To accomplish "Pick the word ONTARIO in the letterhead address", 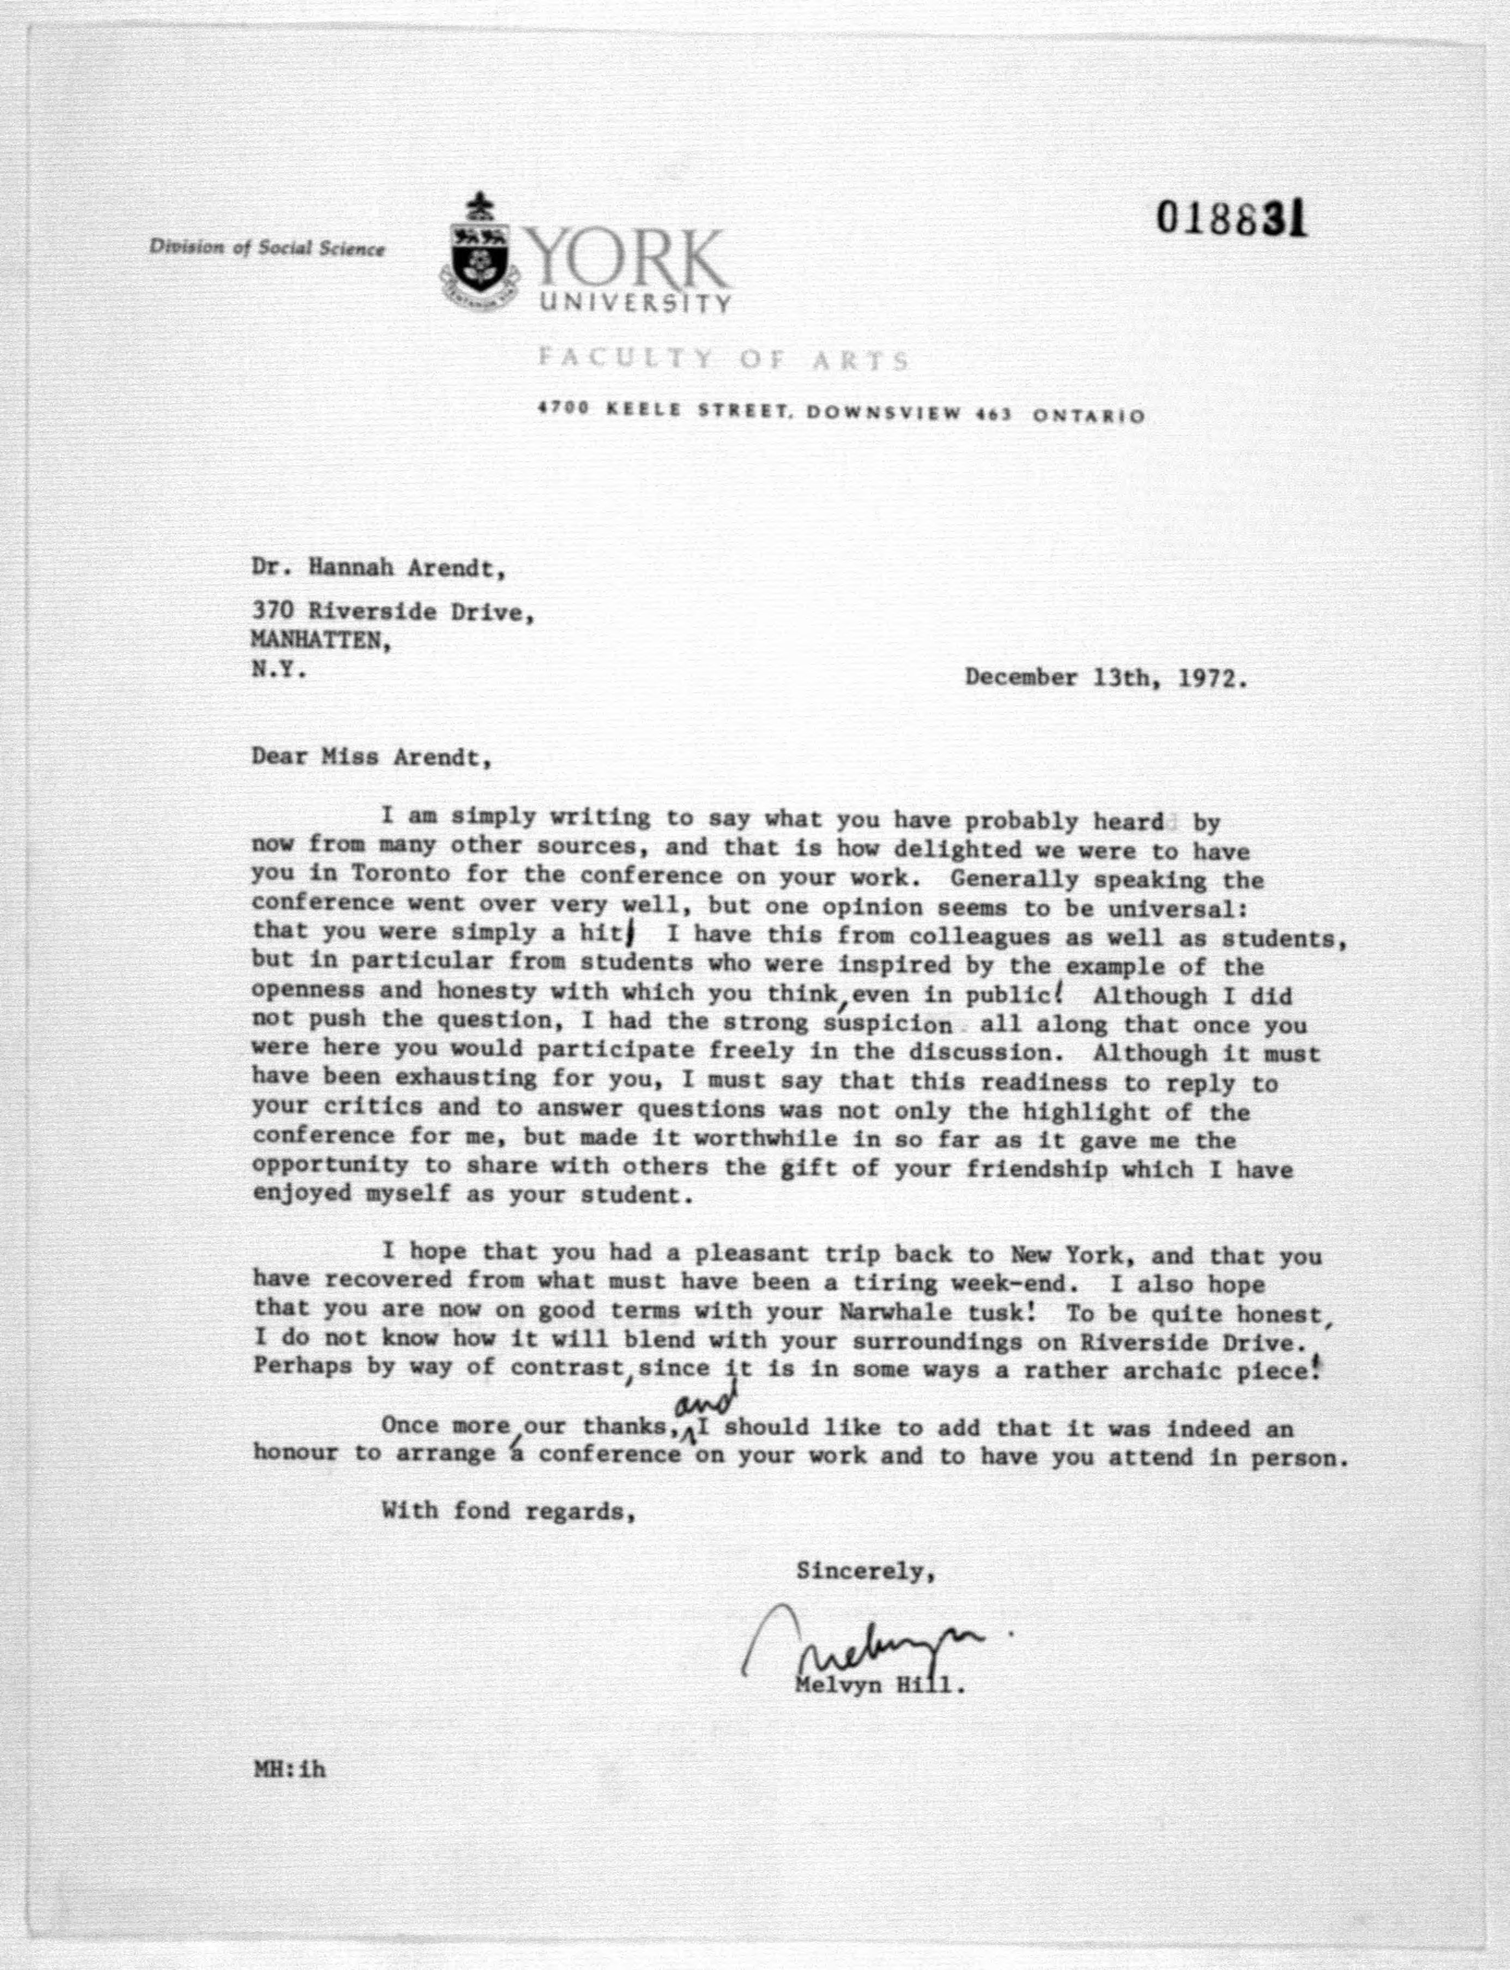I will click(x=1089, y=415).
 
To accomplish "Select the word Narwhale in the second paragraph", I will click(x=896, y=1311).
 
